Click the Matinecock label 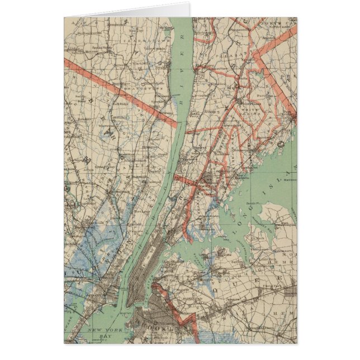pos(286,180)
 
